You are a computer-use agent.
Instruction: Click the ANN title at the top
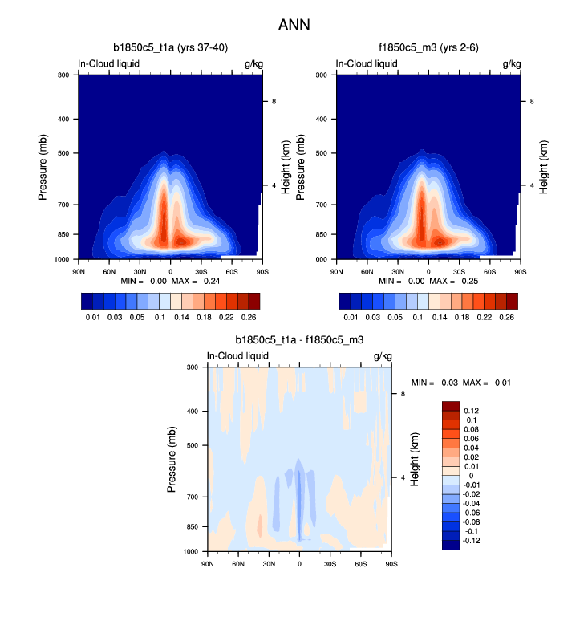tap(294, 25)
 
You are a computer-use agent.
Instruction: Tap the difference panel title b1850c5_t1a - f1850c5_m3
tap(298, 341)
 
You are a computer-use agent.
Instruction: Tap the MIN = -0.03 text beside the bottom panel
tap(434, 382)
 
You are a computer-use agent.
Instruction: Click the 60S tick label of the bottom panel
tap(362, 564)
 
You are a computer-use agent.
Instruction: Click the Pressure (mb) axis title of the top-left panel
tap(43, 167)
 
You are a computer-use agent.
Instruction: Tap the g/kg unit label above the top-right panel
tap(512, 63)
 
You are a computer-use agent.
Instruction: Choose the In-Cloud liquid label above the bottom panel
tap(238, 355)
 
